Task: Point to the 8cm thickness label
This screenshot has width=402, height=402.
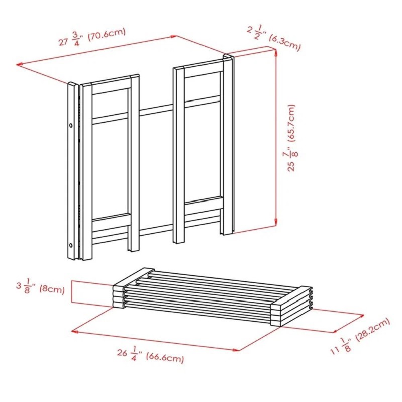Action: pyautogui.click(x=53, y=290)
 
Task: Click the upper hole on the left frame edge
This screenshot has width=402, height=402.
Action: pyautogui.click(x=71, y=124)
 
